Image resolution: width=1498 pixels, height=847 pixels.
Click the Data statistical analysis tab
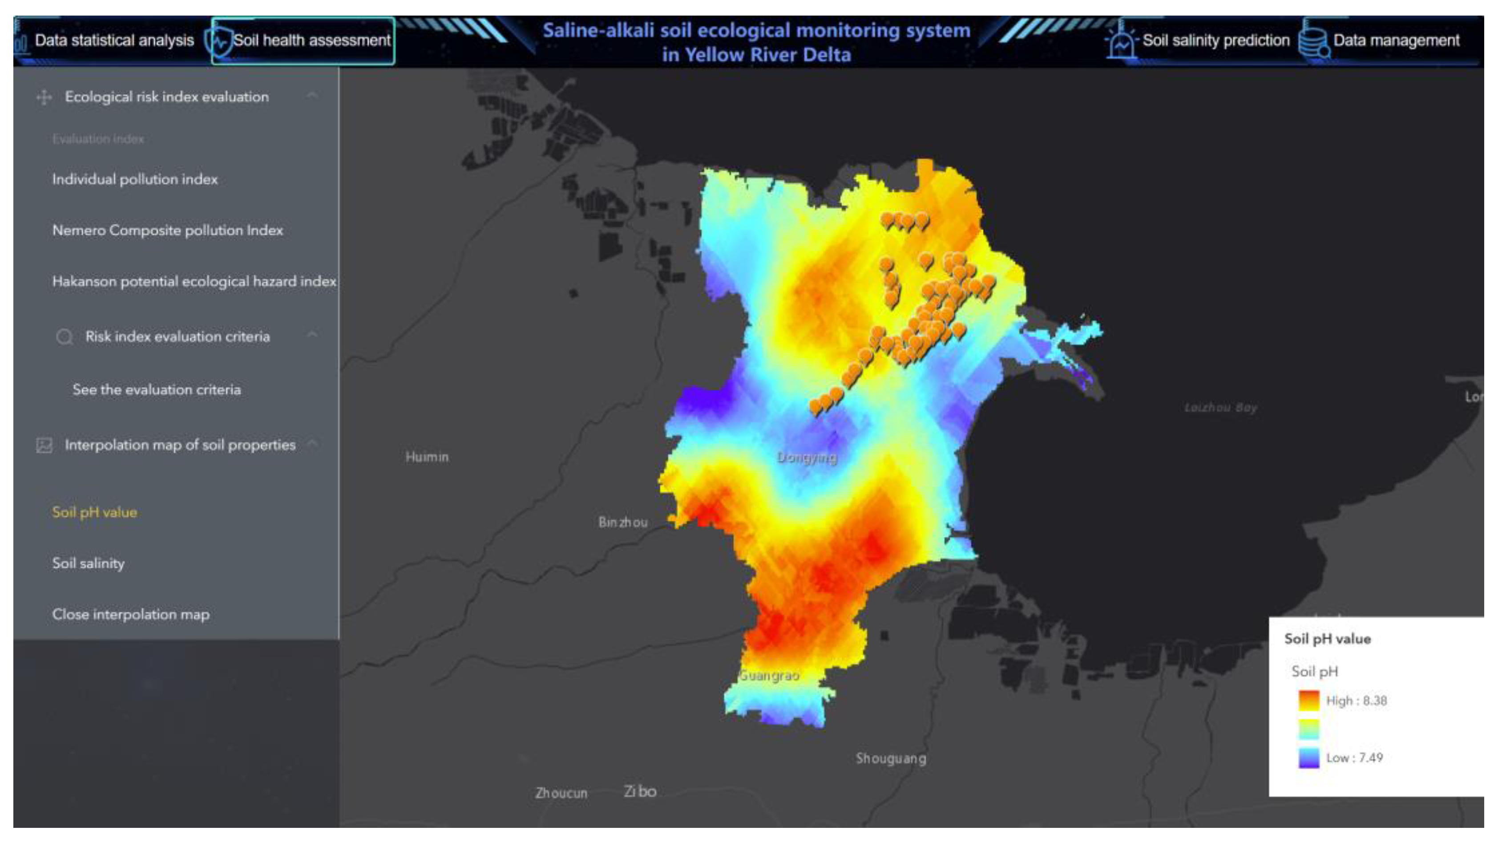coord(114,40)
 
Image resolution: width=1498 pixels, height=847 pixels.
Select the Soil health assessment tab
coord(311,40)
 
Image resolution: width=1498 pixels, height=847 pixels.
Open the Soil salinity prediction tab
coord(1215,40)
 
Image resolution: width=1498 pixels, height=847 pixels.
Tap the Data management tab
coord(1396,40)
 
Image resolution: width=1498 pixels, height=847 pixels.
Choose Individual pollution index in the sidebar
coord(135,179)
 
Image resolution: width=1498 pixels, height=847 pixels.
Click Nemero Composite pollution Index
coord(167,231)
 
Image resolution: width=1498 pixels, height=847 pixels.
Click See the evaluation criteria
coord(157,390)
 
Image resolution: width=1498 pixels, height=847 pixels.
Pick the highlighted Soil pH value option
coord(95,512)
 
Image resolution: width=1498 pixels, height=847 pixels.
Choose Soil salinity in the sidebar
coord(89,563)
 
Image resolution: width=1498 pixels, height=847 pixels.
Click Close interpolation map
coord(131,614)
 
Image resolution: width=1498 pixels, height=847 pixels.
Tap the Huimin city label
coord(427,457)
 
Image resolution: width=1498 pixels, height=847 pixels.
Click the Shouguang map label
coord(890,758)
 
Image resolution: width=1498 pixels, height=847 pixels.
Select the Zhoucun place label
coord(561,793)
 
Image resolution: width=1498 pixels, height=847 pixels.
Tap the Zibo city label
coord(640,791)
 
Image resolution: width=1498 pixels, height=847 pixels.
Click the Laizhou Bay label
coord(1221,408)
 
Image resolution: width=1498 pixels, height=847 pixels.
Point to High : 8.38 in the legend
coord(1356,701)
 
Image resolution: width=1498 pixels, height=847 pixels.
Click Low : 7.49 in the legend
coord(1354,758)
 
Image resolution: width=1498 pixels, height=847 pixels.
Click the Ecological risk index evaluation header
coord(166,97)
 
